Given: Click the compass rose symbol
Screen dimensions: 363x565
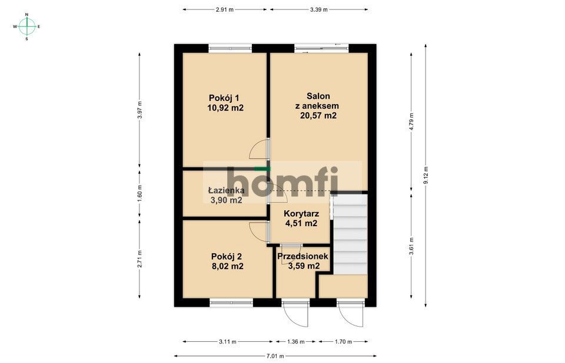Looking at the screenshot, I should (26, 26).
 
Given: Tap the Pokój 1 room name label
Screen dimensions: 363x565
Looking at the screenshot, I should (224, 98).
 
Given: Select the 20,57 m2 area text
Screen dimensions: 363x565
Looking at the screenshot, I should (318, 116).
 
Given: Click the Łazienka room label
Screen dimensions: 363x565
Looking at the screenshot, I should (226, 190).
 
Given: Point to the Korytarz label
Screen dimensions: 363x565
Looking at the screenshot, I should (301, 213).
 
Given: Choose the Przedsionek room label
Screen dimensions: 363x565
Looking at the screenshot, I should (303, 256).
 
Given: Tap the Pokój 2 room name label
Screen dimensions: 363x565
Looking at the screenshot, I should (227, 256).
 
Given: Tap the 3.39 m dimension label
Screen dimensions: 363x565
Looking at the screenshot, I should (318, 9).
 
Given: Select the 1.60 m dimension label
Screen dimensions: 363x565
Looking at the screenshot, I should (139, 195).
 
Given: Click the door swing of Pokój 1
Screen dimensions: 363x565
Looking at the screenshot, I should (259, 150).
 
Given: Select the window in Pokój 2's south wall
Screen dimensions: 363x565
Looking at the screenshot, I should (231, 302).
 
